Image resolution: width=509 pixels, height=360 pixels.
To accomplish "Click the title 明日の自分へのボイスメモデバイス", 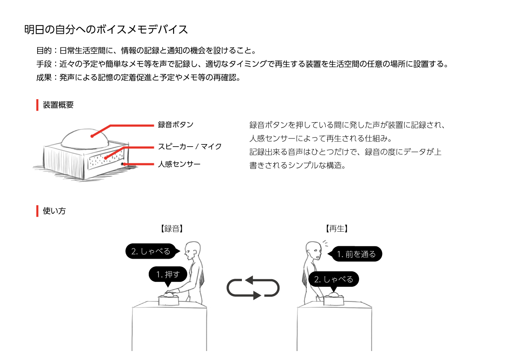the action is (106, 30).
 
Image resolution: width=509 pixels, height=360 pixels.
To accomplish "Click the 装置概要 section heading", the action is (58, 105).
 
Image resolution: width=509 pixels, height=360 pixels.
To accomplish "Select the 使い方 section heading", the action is (54, 211).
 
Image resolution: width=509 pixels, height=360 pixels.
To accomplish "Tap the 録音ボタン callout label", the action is (176, 125).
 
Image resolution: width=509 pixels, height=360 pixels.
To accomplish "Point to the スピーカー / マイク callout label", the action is (190, 146).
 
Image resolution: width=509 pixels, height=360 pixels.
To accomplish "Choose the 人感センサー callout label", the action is (179, 164).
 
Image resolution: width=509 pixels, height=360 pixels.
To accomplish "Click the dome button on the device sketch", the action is (85, 139).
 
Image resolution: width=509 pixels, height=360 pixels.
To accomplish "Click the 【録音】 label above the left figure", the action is (172, 229).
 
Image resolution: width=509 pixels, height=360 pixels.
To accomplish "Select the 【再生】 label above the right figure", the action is (337, 229).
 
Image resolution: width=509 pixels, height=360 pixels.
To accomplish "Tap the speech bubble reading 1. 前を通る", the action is (356, 254).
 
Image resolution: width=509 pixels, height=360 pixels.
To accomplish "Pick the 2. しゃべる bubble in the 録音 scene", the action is (151, 251).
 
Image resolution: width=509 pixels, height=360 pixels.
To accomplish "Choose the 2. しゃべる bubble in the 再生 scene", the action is (333, 279).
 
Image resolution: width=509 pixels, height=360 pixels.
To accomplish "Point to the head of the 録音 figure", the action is (192, 250).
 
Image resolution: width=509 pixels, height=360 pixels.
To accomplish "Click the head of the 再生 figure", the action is (314, 251).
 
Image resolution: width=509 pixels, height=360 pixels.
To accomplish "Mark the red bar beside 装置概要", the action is (37, 105).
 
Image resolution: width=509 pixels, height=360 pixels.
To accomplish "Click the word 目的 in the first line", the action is (44, 50).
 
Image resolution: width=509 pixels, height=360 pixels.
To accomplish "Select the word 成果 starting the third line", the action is (44, 77).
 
